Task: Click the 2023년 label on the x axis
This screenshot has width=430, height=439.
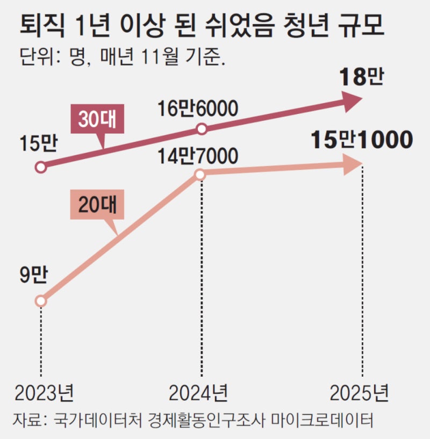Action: [44, 395]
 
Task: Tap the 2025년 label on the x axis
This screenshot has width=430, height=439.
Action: [359, 395]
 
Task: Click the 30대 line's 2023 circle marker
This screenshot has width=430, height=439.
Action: [41, 167]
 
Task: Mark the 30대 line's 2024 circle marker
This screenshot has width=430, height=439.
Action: [202, 129]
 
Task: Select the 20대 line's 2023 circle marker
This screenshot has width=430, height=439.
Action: [41, 301]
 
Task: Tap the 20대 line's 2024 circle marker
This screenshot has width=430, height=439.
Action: [199, 175]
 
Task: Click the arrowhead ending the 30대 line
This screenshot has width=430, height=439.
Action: [352, 100]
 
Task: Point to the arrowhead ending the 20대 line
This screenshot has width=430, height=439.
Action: [353, 165]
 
